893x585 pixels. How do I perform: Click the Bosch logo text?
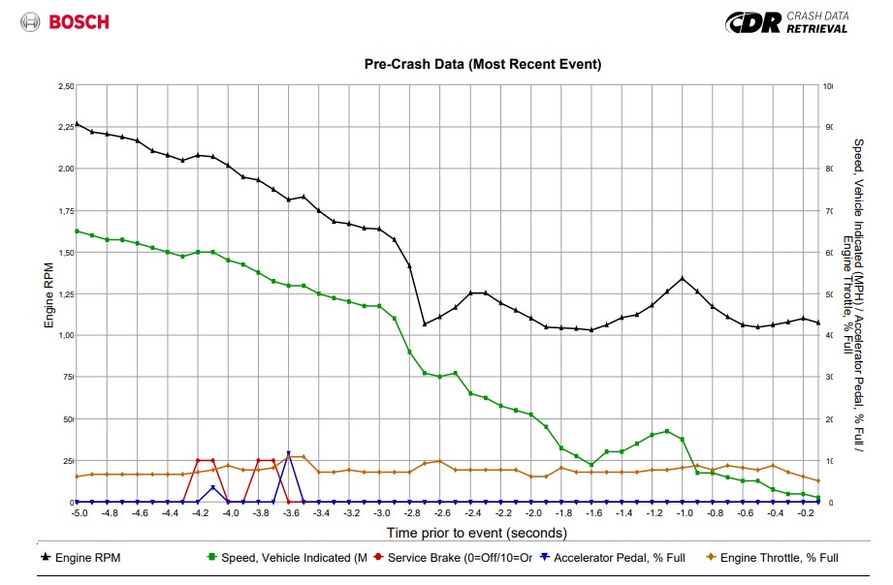click(79, 21)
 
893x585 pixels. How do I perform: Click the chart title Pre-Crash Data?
click(482, 65)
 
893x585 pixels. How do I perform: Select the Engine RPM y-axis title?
click(49, 294)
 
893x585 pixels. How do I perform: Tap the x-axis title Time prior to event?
click(476, 533)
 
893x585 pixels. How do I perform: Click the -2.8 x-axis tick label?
click(413, 513)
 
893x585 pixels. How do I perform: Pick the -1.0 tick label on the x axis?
click(686, 513)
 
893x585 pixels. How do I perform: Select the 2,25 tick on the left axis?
click(65, 126)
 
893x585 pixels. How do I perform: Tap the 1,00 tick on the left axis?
click(65, 335)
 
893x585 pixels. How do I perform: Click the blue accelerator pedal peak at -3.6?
click(288, 453)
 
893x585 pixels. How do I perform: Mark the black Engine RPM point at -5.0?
click(77, 124)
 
